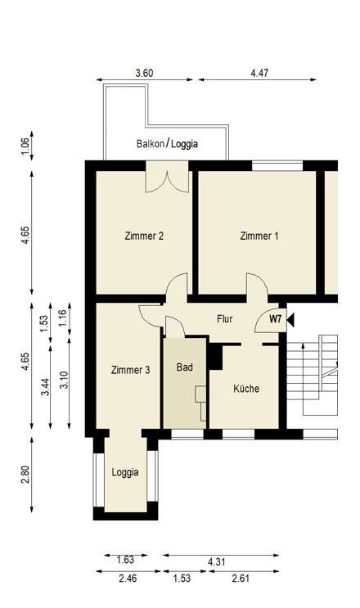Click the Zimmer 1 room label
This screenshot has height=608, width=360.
click(x=259, y=236)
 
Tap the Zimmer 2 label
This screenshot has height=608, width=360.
click(x=144, y=236)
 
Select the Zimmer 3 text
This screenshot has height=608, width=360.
click(x=130, y=370)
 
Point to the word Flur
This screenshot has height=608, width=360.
click(x=226, y=318)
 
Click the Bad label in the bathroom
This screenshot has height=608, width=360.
click(x=184, y=367)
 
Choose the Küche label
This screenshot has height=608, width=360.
click(x=245, y=389)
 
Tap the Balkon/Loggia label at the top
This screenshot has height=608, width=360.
click(x=167, y=144)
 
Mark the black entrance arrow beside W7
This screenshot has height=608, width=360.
click(x=290, y=319)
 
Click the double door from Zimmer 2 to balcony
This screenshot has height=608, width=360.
click(x=167, y=179)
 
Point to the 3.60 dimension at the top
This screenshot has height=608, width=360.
click(x=144, y=73)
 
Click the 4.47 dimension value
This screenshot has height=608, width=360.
click(x=259, y=73)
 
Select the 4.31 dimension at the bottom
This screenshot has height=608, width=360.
click(x=217, y=561)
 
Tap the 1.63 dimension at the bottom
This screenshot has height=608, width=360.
click(x=125, y=561)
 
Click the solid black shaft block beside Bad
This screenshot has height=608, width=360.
click(x=216, y=358)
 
